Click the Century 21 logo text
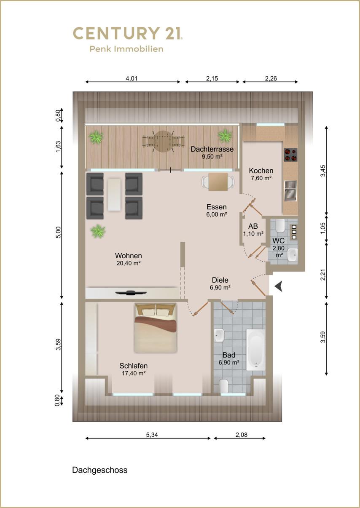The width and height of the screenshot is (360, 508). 128,33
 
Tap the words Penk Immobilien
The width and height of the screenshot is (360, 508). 126,49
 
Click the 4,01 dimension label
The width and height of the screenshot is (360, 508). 132,78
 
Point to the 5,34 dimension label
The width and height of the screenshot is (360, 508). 152,435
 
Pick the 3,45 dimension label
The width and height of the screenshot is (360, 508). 323,171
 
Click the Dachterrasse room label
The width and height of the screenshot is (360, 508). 212,149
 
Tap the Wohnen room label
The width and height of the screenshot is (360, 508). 129,256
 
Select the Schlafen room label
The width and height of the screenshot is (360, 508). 134,366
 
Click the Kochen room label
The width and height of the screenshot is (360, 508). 261,171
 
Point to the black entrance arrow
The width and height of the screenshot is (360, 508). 279,286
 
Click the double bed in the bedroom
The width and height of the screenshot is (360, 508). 156,328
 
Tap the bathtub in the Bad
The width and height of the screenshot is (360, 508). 256,350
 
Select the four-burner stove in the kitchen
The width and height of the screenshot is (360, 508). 290,155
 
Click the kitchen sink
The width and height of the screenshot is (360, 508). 291,191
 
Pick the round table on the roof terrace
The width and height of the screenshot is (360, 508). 163,141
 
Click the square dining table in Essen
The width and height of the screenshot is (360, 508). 218,182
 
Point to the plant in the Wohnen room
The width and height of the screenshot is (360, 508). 98,231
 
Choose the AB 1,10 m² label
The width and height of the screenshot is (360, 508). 253,230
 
